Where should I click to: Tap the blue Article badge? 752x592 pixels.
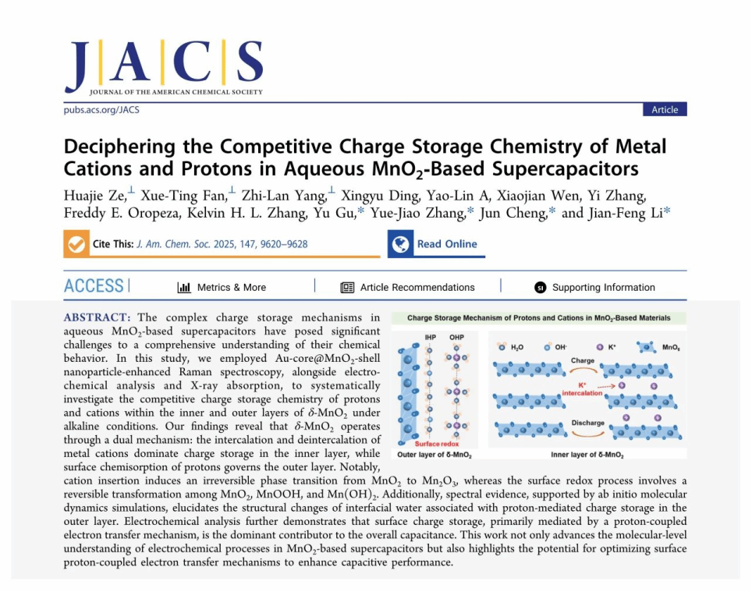(x=665, y=110)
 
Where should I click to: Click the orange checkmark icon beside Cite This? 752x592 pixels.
(x=76, y=244)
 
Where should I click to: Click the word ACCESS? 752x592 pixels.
(x=94, y=286)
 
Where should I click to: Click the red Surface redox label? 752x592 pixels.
(x=434, y=443)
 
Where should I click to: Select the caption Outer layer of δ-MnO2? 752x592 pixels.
(x=435, y=454)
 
